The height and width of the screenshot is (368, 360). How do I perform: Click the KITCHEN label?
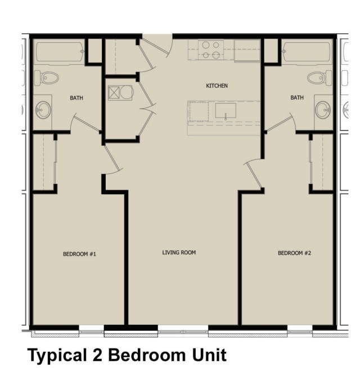tap(217, 86)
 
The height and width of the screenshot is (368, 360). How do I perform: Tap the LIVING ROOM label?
tap(179, 253)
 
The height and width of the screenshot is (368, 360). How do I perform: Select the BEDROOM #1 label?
tap(80, 254)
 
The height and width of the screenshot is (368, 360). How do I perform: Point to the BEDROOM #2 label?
tap(294, 253)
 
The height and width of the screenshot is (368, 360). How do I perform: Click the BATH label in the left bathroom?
tap(76, 98)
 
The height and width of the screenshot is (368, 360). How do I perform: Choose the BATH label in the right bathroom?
tap(297, 97)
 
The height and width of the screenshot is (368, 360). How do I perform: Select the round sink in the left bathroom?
tap(43, 109)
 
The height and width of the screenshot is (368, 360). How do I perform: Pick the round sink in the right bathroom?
tap(322, 109)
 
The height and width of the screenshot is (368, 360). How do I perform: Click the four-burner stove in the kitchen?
tap(210, 50)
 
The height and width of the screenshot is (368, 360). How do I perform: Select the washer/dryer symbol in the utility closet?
tap(120, 92)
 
